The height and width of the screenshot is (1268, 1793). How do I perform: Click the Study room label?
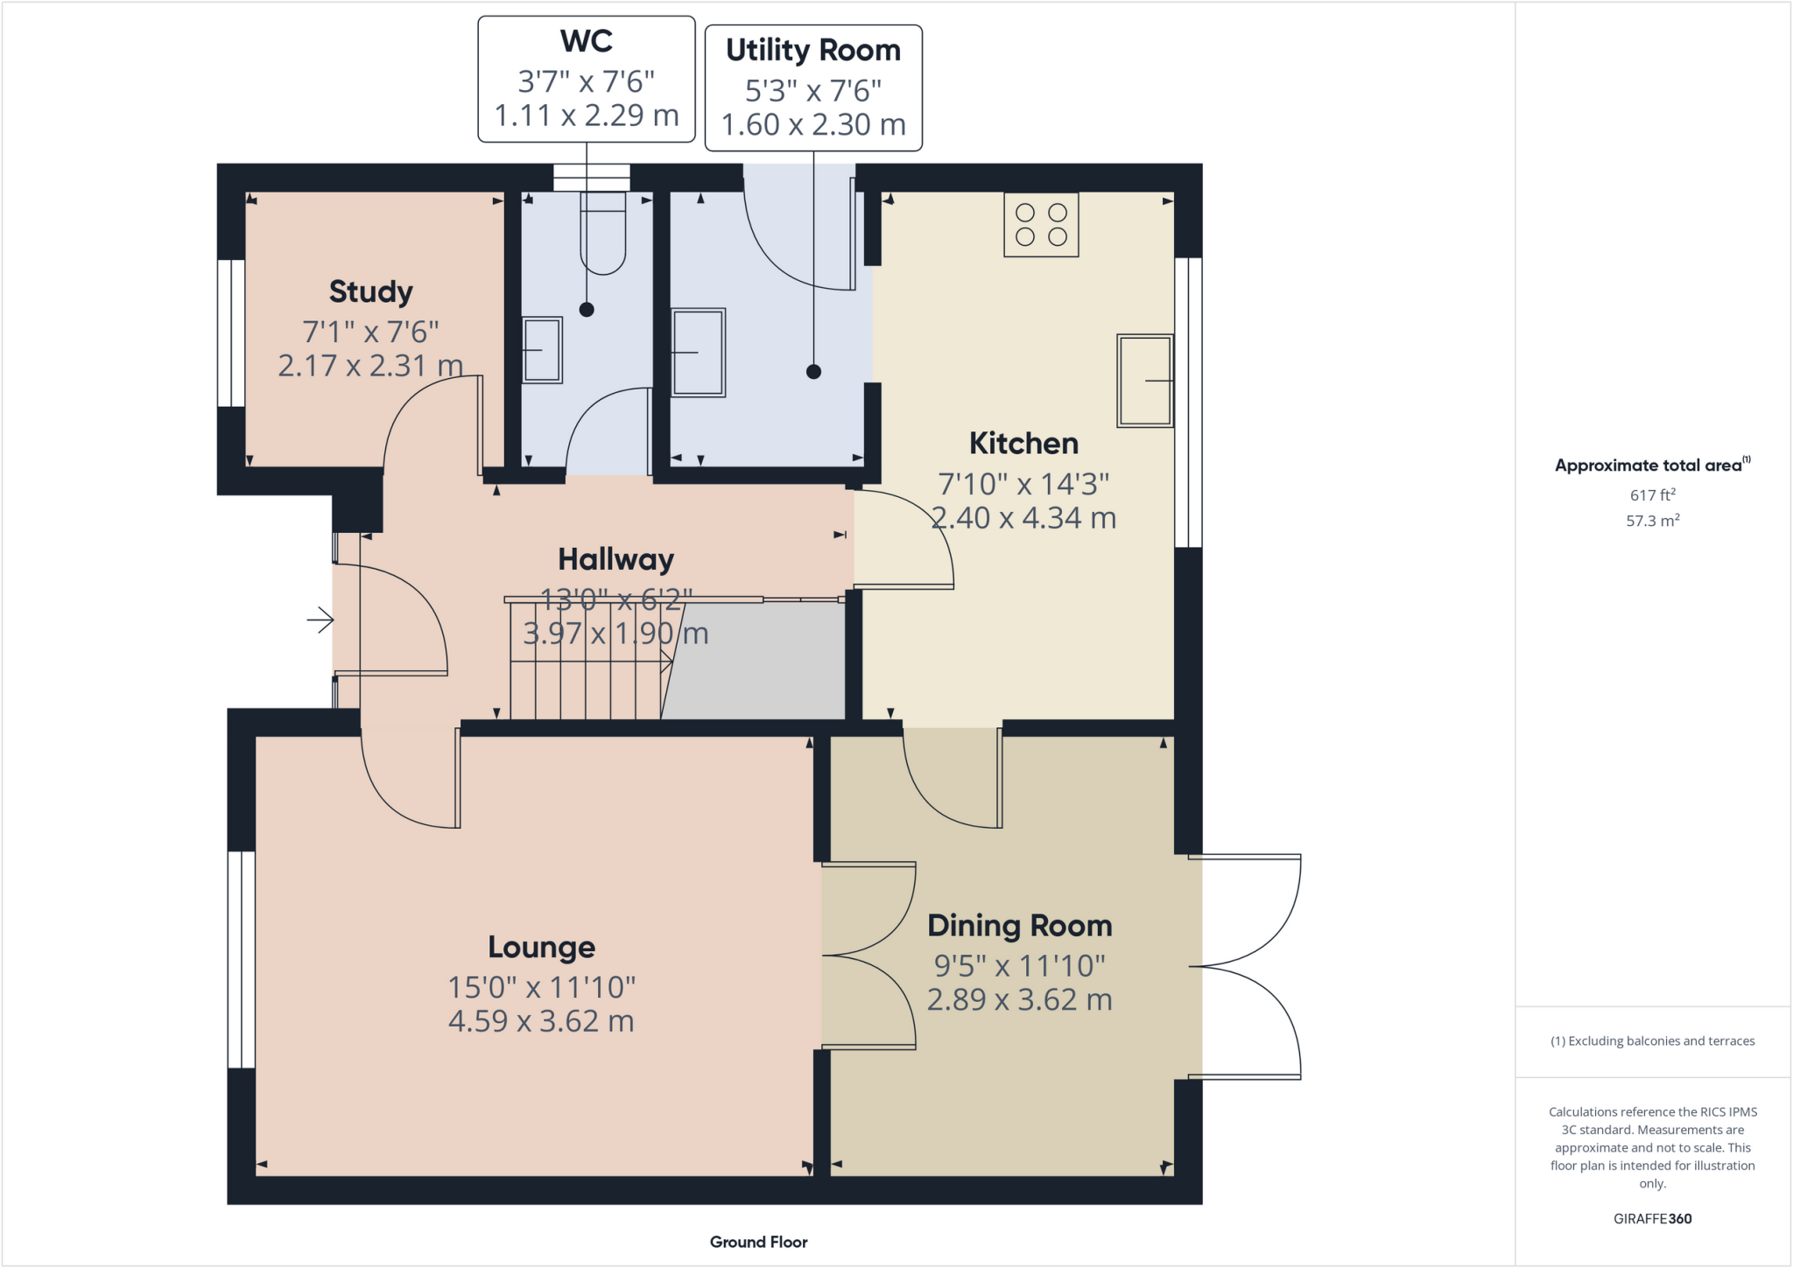pyautogui.click(x=370, y=291)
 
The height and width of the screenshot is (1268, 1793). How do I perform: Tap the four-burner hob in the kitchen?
pyautogui.click(x=1041, y=225)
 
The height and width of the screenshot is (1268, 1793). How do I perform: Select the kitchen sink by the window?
pyautogui.click(x=1144, y=381)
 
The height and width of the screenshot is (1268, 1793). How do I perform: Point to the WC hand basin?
pyautogui.click(x=542, y=350)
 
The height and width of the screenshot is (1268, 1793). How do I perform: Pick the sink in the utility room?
pyautogui.click(x=698, y=353)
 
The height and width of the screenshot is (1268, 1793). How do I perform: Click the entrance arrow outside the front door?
pyautogui.click(x=320, y=620)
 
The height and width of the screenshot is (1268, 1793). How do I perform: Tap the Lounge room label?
pyautogui.click(x=541, y=947)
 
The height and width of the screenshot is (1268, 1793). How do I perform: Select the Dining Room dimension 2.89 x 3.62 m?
pyautogui.click(x=1019, y=999)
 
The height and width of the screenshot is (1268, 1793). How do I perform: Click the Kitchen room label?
pyautogui.click(x=1023, y=444)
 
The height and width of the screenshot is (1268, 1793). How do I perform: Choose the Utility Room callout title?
pyautogui.click(x=812, y=51)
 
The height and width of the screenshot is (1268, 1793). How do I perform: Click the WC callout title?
pyautogui.click(x=586, y=41)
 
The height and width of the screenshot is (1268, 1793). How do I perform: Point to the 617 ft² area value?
pyautogui.click(x=1652, y=494)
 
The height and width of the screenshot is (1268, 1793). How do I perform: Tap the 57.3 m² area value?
pyautogui.click(x=1652, y=521)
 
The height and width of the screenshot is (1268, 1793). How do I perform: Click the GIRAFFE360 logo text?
pyautogui.click(x=1652, y=1218)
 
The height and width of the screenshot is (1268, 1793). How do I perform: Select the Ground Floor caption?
pyautogui.click(x=758, y=1242)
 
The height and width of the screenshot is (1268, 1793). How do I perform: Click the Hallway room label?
pyautogui.click(x=615, y=559)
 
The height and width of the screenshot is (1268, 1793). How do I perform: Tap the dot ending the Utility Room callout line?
pyautogui.click(x=813, y=372)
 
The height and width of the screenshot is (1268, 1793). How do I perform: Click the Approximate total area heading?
pyautogui.click(x=1650, y=466)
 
